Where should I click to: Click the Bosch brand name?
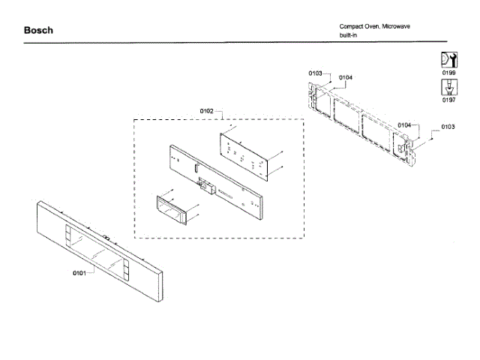pyautogui.click(x=38, y=31)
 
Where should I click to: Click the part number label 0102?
pyautogui.click(x=207, y=111)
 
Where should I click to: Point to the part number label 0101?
pyautogui.click(x=79, y=272)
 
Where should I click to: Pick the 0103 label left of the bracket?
pyautogui.click(x=315, y=73)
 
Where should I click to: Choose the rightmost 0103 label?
pyautogui.click(x=448, y=127)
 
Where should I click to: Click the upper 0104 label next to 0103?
pyautogui.click(x=346, y=77)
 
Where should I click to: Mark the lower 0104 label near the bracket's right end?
pyautogui.click(x=405, y=124)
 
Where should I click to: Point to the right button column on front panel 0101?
pyautogui.click(x=125, y=270)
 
